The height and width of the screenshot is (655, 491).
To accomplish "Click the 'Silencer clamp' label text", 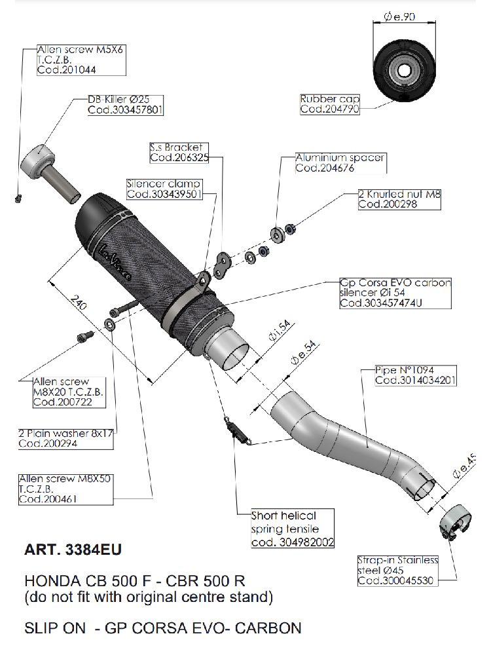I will (x=163, y=184).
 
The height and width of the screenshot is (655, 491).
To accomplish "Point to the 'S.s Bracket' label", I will (x=176, y=148).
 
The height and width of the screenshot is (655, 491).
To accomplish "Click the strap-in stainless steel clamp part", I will (x=456, y=525).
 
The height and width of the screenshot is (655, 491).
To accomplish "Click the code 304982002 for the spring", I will (x=293, y=542).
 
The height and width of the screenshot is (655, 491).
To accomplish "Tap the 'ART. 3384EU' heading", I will (x=73, y=550).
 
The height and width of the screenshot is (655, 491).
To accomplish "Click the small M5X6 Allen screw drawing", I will (x=18, y=197).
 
